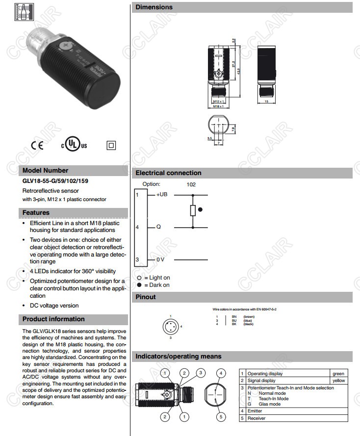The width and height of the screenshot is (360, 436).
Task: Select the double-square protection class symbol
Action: coord(110,145)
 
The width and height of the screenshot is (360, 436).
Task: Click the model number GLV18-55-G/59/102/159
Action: coord(55,181)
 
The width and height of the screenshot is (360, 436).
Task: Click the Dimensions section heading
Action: coord(154,7)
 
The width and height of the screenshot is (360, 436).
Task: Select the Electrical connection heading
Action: coord(168,173)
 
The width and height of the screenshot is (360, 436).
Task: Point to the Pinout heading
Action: coord(146,297)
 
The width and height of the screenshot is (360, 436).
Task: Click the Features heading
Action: coord(36,213)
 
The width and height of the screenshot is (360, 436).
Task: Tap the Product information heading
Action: coord(53,319)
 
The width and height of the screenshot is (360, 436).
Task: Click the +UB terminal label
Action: coord(162,195)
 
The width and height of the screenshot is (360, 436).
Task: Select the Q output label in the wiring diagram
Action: coord(158,227)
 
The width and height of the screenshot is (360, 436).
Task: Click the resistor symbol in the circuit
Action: coord(193,211)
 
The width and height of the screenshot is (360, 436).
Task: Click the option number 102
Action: coord(191,184)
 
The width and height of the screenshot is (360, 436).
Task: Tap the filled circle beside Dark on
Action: coord(139,285)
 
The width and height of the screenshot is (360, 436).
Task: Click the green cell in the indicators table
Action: coord(338,374)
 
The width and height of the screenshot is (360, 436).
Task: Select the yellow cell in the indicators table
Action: coord(338,381)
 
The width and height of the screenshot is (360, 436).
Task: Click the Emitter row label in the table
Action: coord(256,410)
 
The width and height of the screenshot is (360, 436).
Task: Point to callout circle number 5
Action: coord(221,417)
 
